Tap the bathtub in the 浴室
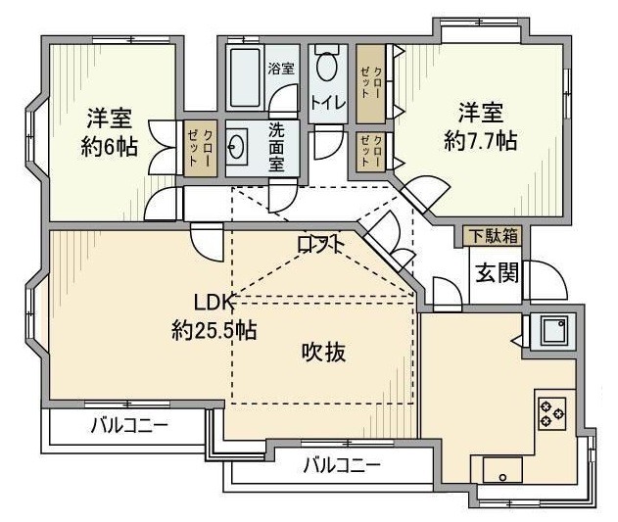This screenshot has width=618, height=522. (x=246, y=77)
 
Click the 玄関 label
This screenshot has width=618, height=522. (x=498, y=272)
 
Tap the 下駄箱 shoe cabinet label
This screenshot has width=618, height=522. (x=492, y=236)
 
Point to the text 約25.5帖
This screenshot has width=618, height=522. (x=214, y=329)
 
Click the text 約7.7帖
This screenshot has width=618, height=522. (x=480, y=139)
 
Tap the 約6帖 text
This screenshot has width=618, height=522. (x=108, y=145)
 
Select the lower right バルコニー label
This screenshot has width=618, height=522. (x=340, y=465)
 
